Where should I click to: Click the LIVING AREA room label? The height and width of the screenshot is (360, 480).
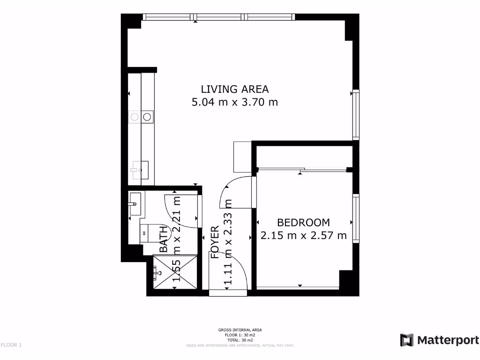point(234,89)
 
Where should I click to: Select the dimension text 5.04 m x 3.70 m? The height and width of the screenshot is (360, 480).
point(234,102)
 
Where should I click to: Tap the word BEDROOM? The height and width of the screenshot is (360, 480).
point(303,223)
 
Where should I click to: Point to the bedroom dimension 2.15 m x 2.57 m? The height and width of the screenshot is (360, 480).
point(303,235)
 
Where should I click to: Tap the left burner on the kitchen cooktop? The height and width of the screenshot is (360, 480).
point(134,116)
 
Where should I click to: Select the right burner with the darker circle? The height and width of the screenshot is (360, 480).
point(147,116)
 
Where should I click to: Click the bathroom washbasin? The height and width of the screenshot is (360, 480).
point(135,204)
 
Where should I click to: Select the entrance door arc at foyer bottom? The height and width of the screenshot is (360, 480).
point(230,272)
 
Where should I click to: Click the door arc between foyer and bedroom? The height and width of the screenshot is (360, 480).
point(234,192)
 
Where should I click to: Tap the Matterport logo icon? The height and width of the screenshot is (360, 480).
point(406,340)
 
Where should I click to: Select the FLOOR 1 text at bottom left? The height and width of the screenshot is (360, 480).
point(11,345)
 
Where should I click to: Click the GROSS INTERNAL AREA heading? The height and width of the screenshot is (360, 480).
point(240,330)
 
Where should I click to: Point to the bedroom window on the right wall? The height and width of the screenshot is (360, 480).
point(356,219)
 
